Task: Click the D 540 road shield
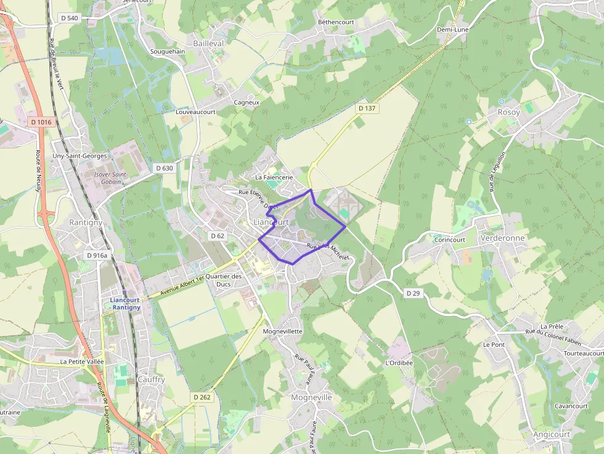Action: [x=70, y=18]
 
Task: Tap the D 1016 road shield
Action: [x=41, y=122]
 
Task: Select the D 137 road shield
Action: [x=367, y=108]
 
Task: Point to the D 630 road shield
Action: [x=165, y=168]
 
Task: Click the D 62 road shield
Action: [x=218, y=236]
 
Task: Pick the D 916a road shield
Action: [x=97, y=255]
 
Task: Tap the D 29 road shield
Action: [x=414, y=293]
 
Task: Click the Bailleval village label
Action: [x=208, y=44]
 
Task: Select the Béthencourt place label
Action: [x=336, y=22]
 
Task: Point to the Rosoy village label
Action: [x=508, y=112]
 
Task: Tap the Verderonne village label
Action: [x=503, y=238]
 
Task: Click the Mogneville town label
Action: [x=311, y=397]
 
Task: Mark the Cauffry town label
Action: [x=151, y=379]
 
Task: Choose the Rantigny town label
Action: [x=86, y=222]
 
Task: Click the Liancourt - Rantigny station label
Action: [x=125, y=304]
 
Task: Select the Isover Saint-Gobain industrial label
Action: [x=110, y=178]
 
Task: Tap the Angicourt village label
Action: [x=552, y=434]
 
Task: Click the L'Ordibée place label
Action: [x=399, y=363]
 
